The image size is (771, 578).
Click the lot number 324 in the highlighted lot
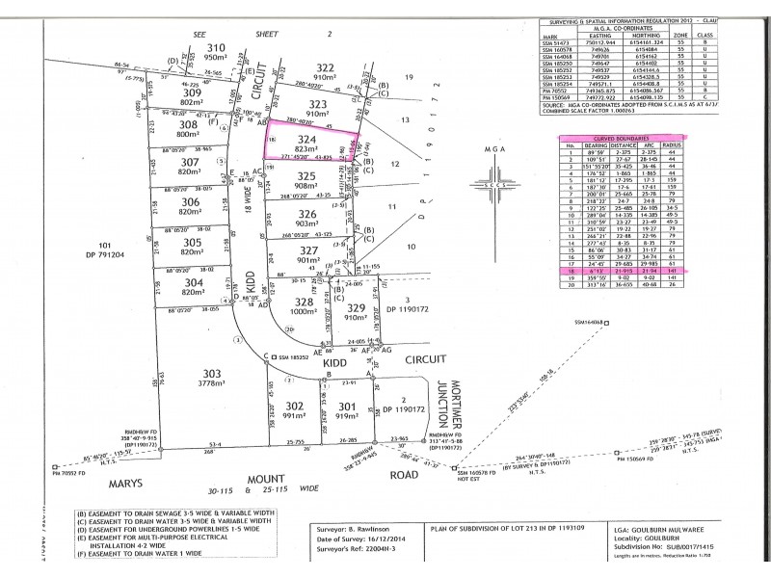pyautogui.click(x=307, y=139)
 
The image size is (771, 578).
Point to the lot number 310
pyautogui.click(x=217, y=47)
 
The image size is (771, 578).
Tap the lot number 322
pyautogui.click(x=324, y=66)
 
